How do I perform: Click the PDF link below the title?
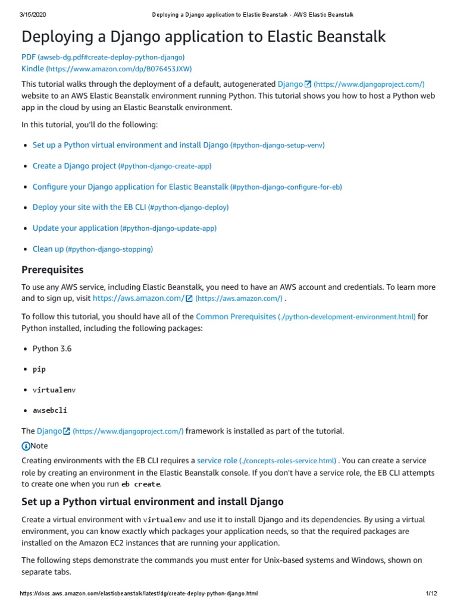tap(29, 57)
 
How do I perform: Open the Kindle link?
tap(33, 69)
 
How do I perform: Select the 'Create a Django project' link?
tap(66, 166)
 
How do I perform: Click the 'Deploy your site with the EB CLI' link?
tap(89, 208)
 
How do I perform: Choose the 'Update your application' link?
tap(76, 228)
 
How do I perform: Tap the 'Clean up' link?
tap(48, 249)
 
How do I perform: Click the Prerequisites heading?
tap(52, 270)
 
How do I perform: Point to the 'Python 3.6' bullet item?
tap(52, 349)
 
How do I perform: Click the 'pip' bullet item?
tap(39, 369)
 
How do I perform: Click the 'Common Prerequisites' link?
tap(236, 316)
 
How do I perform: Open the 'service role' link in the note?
tap(217, 461)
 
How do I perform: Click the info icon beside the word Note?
tap(26, 446)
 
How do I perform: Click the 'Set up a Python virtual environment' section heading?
tap(152, 501)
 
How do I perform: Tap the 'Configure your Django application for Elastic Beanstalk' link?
tap(130, 187)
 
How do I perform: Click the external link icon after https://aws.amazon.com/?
tap(189, 299)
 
